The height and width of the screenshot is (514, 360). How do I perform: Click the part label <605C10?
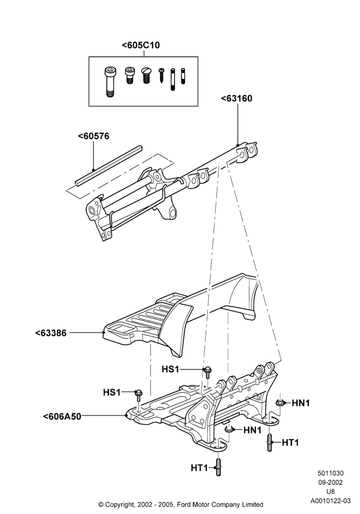point(140,45)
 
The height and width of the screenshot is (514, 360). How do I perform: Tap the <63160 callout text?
point(237,98)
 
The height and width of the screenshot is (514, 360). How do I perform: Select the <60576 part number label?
point(94,136)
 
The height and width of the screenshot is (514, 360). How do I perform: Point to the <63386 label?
point(51,333)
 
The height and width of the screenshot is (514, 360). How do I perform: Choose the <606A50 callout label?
point(62,416)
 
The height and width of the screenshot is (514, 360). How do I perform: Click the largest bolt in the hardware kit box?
point(109,82)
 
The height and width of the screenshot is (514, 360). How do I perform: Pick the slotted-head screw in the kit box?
point(145,76)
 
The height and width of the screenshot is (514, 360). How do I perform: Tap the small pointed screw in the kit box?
point(161,76)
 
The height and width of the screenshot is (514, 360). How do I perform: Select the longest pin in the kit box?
point(173,80)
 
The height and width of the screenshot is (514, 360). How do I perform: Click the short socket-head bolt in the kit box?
point(130,76)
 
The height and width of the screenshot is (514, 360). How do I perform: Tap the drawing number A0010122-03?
point(331,501)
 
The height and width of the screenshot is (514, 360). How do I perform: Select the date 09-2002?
point(331,482)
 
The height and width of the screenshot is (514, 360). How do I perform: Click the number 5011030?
point(331,473)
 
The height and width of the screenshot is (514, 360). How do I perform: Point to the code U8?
point(331,491)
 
